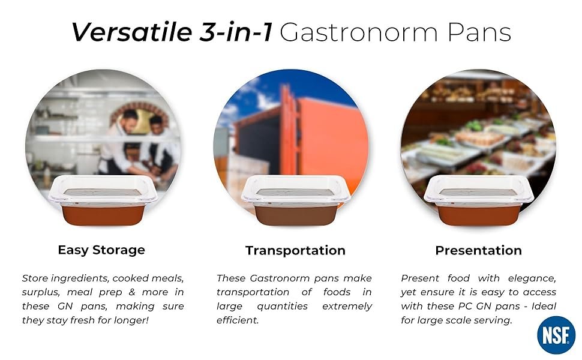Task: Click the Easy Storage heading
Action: (x=101, y=250)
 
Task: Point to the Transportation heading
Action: (x=295, y=250)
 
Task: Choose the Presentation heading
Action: (x=478, y=250)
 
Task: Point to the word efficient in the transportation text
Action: (x=238, y=320)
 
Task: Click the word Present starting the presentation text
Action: (x=420, y=278)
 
